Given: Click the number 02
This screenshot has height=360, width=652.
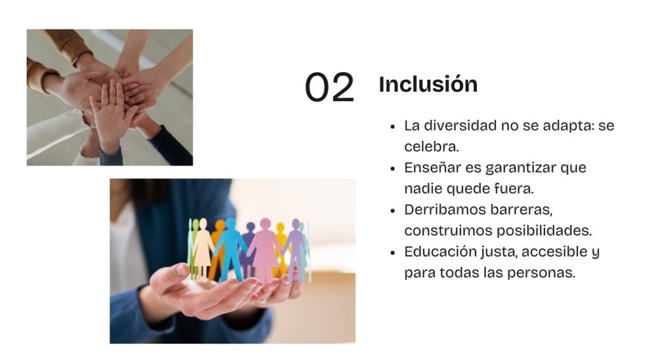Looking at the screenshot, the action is click(x=329, y=87).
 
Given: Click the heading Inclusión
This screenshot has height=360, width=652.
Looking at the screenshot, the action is click(x=429, y=84).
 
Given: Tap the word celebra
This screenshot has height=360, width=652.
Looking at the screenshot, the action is click(x=431, y=147).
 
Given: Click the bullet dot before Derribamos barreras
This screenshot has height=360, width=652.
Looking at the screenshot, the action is click(x=393, y=211).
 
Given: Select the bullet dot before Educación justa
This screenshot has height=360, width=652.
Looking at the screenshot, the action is click(x=393, y=252).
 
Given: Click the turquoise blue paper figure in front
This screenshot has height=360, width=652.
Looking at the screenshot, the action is click(x=230, y=249).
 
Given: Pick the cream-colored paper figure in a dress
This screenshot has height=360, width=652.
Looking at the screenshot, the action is click(x=203, y=248).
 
